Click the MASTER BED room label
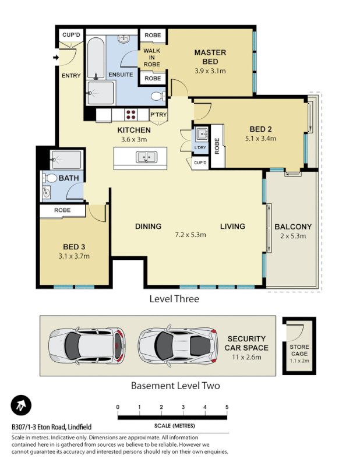210,57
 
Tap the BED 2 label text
260,129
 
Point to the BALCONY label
292,227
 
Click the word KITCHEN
134,130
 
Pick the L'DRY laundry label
200,148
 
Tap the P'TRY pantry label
158,115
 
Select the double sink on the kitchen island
145,157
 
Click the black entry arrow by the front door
55,57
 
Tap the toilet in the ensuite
157,96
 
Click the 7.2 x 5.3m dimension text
190,235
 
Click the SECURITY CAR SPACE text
247,343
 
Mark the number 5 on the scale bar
227,407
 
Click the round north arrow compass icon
21,405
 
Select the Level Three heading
174,299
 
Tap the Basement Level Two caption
175,386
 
